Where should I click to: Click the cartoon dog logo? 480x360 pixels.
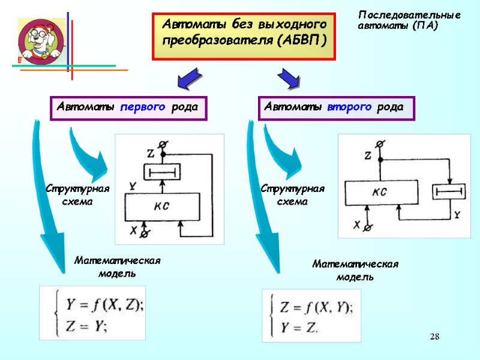click(x=40, y=40)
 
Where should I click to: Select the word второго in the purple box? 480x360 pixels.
click(x=350, y=107)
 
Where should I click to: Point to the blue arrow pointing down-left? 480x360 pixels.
click(x=191, y=78)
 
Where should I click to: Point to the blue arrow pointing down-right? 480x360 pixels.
click(x=288, y=78)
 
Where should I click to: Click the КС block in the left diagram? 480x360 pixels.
click(x=161, y=206)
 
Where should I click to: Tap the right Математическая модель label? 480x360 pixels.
click(x=355, y=270)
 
